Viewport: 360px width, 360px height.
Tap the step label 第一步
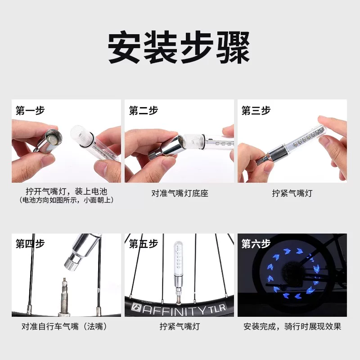[x=30, y=111]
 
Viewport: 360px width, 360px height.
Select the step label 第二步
[x=144, y=111]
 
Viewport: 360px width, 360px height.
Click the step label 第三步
[x=256, y=111]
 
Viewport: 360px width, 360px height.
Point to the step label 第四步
[x=30, y=244]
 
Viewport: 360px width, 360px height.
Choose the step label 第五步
[x=144, y=244]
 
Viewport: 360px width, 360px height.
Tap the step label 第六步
[x=256, y=244]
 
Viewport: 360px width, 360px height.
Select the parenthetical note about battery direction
[x=66, y=200]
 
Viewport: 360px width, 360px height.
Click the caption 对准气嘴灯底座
[x=180, y=193]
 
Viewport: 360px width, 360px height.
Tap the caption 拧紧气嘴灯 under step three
[x=292, y=193]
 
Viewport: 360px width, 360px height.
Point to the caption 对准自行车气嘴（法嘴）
[x=66, y=326]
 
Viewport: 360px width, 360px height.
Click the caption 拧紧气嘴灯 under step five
[x=180, y=326]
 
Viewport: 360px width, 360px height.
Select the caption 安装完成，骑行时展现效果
[x=292, y=326]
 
